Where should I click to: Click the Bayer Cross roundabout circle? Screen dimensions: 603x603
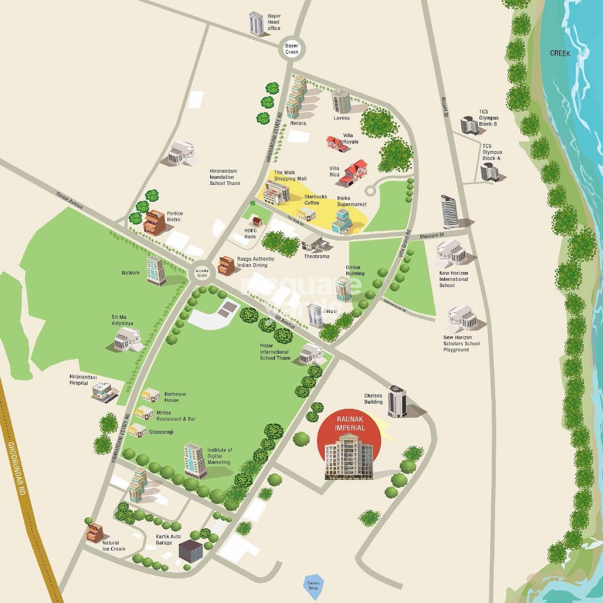coord(291,49)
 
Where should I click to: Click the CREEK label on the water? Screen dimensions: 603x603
coord(560,53)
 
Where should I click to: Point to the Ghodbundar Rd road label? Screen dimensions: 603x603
coord(16,468)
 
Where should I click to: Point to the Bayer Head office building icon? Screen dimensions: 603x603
coord(256,24)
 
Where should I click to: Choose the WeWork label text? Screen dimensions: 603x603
coord(131,273)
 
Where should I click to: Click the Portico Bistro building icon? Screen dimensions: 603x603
coord(154,222)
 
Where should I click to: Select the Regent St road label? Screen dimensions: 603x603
coord(444,107)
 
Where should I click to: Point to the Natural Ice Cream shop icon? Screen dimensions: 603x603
coord(95,531)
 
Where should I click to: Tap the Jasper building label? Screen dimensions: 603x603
coord(330,311)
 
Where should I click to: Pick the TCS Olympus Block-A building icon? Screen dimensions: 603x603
coord(490,172)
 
